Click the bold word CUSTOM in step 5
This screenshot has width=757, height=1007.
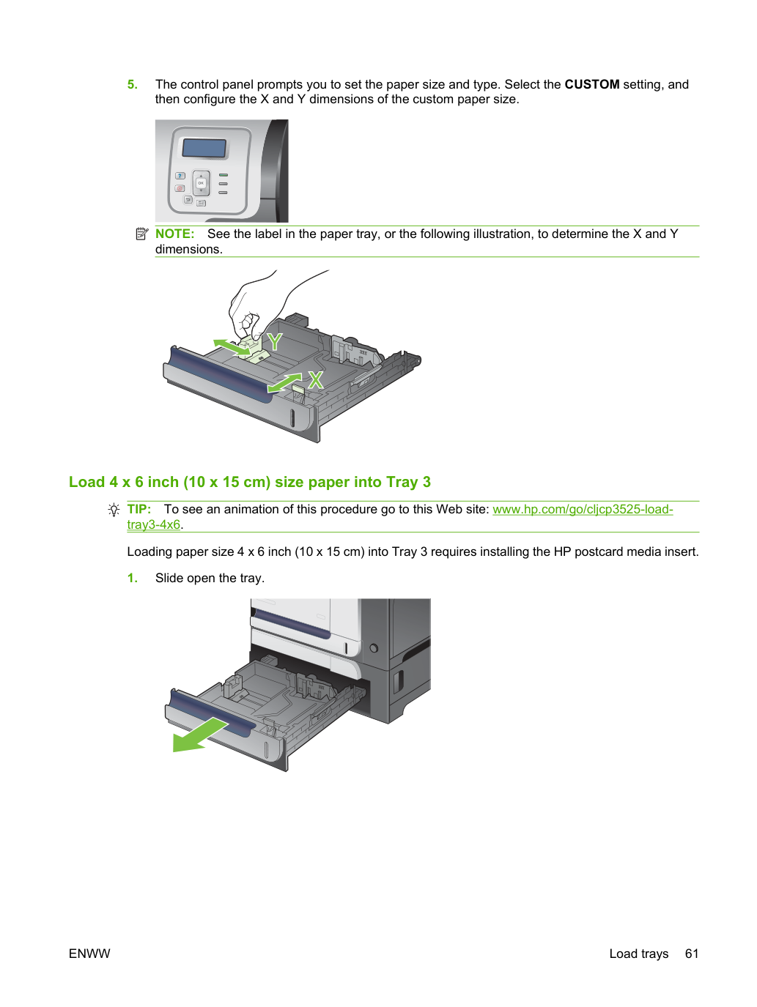coord(591,84)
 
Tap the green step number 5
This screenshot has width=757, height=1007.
coord(132,84)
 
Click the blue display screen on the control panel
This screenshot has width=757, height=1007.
coord(204,148)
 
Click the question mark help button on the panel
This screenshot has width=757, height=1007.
coord(180,176)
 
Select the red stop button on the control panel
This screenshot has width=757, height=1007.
coord(180,188)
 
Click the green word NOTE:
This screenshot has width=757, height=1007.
coord(175,234)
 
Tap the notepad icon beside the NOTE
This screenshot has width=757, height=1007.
coord(142,234)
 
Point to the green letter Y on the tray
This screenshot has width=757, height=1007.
coord(274,342)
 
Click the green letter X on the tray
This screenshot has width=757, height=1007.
coord(316,380)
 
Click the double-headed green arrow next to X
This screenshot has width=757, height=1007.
coord(284,382)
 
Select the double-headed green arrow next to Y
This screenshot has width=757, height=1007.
coord(232,347)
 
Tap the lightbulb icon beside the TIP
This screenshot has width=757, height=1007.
coord(114,510)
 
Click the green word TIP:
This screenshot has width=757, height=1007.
coord(139,509)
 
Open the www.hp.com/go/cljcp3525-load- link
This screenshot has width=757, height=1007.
coord(583,509)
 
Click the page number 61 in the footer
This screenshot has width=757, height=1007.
coord(691,954)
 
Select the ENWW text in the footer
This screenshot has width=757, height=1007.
coord(89,954)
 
